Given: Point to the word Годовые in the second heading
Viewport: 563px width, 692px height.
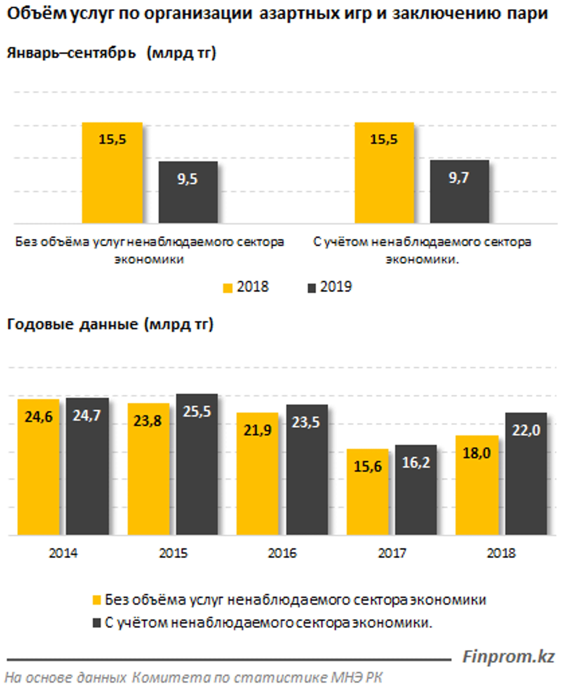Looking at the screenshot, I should pyautogui.click(x=40, y=324).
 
